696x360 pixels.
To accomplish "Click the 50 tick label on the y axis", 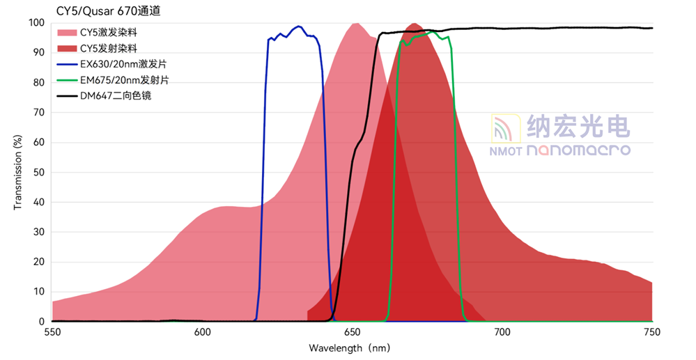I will pyautogui.click(x=40, y=173).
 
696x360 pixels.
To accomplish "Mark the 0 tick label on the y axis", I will pyautogui.click(x=42, y=322).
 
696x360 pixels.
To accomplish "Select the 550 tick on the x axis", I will pyautogui.click(x=53, y=333).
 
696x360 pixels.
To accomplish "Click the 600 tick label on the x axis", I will pyautogui.click(x=203, y=333).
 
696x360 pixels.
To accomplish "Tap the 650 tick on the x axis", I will pyautogui.click(x=353, y=333).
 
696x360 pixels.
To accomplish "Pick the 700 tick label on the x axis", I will pyautogui.click(x=502, y=333).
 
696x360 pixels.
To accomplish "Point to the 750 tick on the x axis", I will pyautogui.click(x=652, y=333).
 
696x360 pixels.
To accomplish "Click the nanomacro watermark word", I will pyautogui.click(x=578, y=150).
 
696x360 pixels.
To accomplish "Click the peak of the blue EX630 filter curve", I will pyautogui.click(x=299, y=26).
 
